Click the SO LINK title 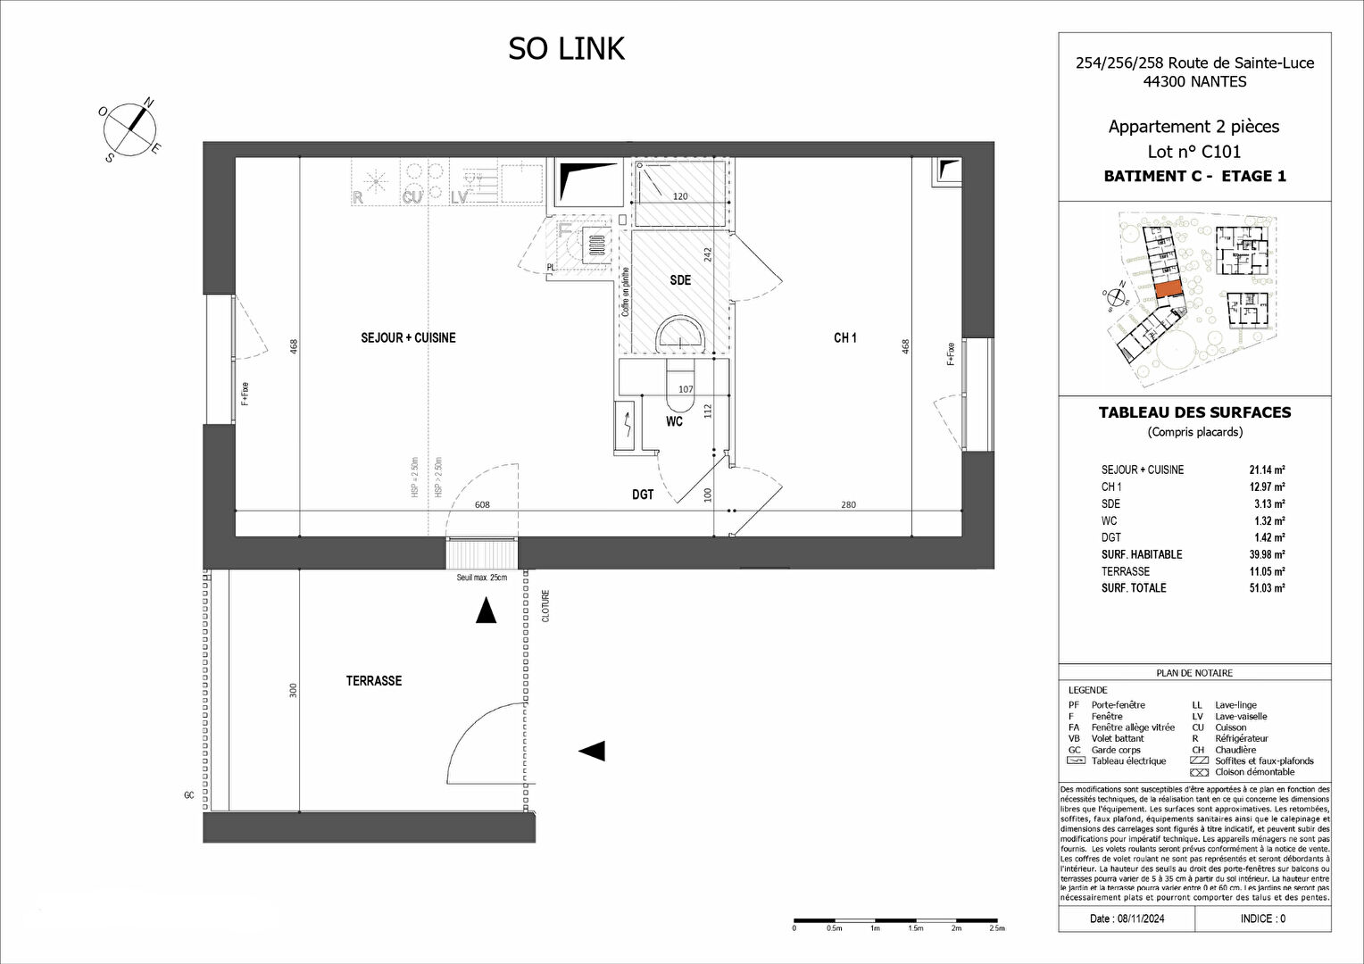566,49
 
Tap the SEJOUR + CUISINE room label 408,338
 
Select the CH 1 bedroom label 844,338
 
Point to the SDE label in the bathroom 680,280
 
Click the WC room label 674,421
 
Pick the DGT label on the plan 643,494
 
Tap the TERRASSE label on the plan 374,681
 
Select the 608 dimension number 482,505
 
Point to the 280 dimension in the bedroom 848,505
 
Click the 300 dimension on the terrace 293,690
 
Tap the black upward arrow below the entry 486,611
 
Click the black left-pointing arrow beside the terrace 592,751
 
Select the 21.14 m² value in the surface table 1267,470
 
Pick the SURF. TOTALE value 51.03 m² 1267,588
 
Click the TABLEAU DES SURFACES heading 1194,412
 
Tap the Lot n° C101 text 1193,152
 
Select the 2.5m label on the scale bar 996,928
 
